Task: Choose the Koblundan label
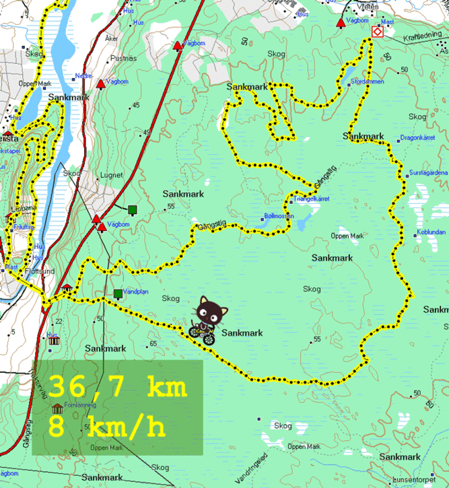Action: point(431,232)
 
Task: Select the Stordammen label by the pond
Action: point(367,81)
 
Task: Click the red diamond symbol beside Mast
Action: point(378,32)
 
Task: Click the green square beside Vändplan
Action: point(118,293)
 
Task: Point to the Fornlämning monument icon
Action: point(57,408)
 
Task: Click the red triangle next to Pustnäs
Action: point(101,84)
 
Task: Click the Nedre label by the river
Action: point(83,75)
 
